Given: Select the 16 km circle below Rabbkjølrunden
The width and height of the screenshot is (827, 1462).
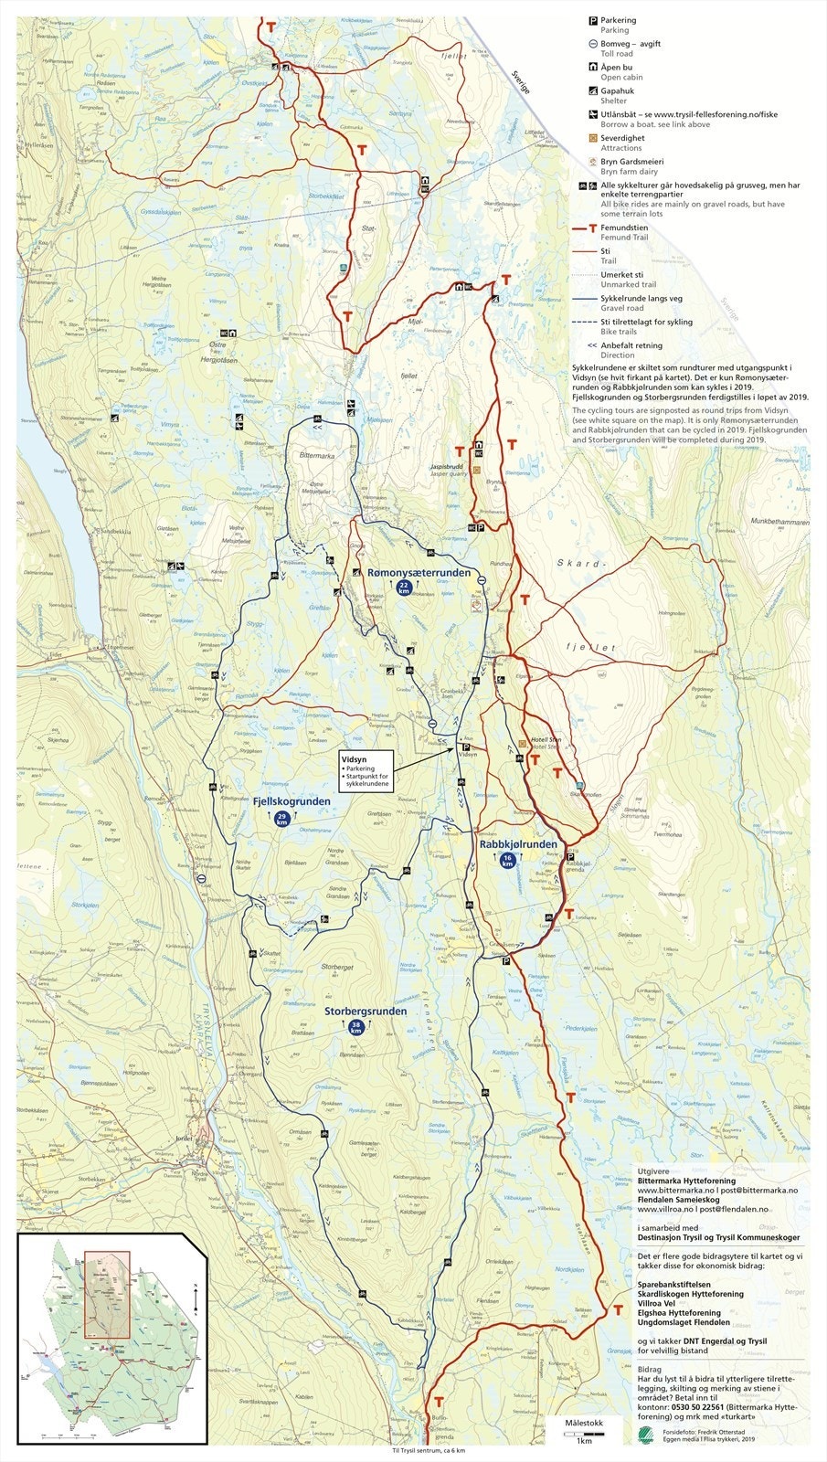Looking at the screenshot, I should coord(508,860).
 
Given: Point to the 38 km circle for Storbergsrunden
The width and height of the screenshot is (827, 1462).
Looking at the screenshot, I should coord(355,1028).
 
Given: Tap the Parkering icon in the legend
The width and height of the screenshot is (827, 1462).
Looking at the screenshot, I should coord(592,20).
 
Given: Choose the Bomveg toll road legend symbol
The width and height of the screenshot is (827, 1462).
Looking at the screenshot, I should coord(592,44).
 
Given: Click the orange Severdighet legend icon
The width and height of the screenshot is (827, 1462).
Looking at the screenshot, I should coord(592,138).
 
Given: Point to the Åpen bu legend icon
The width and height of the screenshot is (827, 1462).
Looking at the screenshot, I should coord(592,68).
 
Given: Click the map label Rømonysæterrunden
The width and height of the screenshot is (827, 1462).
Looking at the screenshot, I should coord(419,573).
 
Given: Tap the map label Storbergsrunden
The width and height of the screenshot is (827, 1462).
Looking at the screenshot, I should coord(366,1012).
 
